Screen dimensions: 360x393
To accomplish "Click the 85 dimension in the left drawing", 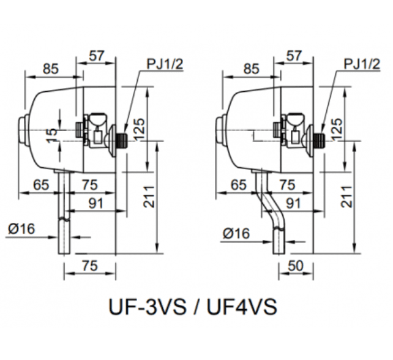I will (x=51, y=69).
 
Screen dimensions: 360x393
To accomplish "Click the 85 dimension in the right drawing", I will (x=251, y=69).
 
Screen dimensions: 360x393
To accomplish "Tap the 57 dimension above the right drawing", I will (x=293, y=55).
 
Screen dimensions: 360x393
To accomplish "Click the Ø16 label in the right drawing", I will (x=236, y=233).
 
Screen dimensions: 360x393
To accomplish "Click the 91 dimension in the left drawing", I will (x=95, y=202).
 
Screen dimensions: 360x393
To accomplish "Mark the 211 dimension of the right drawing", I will (x=349, y=195).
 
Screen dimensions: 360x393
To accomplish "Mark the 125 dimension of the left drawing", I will (x=140, y=130).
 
